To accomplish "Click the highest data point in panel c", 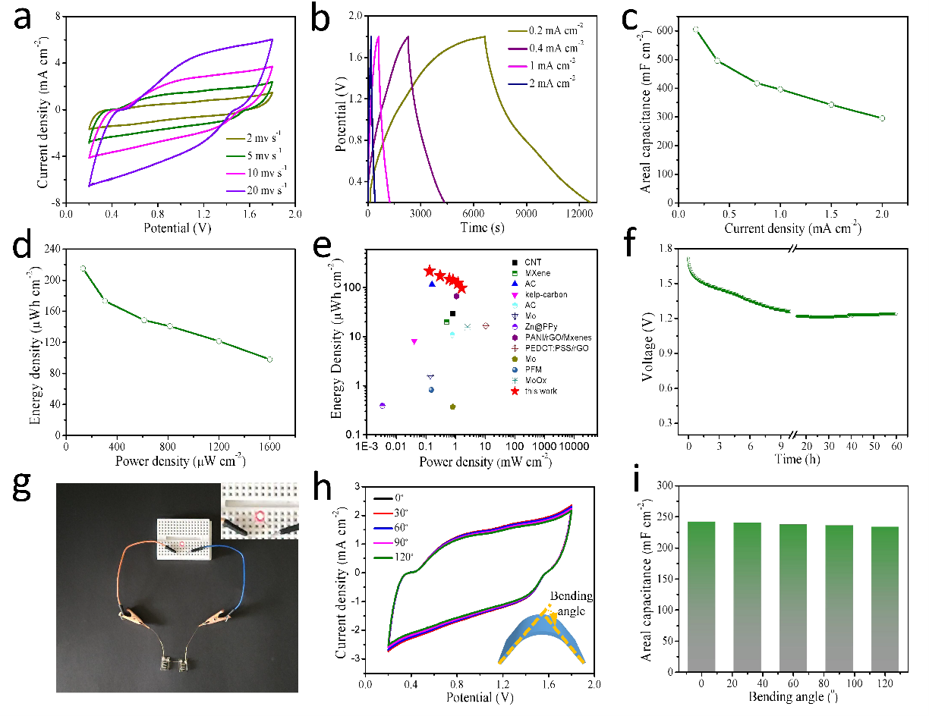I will (x=695, y=30).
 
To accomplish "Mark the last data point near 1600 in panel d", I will (x=269, y=359).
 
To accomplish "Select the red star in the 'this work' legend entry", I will (x=516, y=391).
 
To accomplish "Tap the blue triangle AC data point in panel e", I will (x=432, y=284).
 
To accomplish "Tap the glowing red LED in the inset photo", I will (x=260, y=517).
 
